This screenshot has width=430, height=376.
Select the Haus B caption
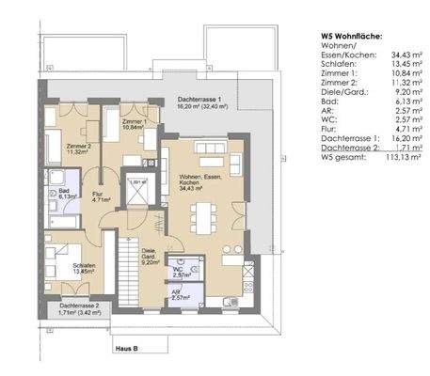pos(126,348)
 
